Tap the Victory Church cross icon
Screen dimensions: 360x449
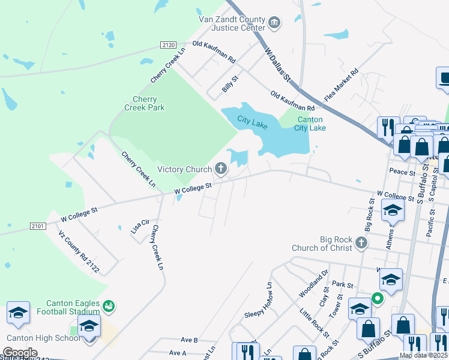pos(221,169)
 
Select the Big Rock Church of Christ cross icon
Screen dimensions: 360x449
pos(361,242)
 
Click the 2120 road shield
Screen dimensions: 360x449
pos(168,44)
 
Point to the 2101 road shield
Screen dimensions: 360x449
pos(37,226)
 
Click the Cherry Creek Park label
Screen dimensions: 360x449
pos(144,104)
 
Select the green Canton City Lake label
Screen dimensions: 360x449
pos(311,124)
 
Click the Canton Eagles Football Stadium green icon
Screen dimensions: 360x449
pos(108,307)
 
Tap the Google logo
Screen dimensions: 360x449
pos(19,352)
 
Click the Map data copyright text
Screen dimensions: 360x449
pos(423,355)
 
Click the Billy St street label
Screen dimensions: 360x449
pos(230,83)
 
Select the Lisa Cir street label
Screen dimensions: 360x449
pos(139,227)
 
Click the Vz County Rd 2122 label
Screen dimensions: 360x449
pos(79,251)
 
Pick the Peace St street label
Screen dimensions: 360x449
pos(402,172)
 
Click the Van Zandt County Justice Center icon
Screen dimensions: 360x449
pos(275,23)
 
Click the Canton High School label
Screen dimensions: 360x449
pos(43,338)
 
